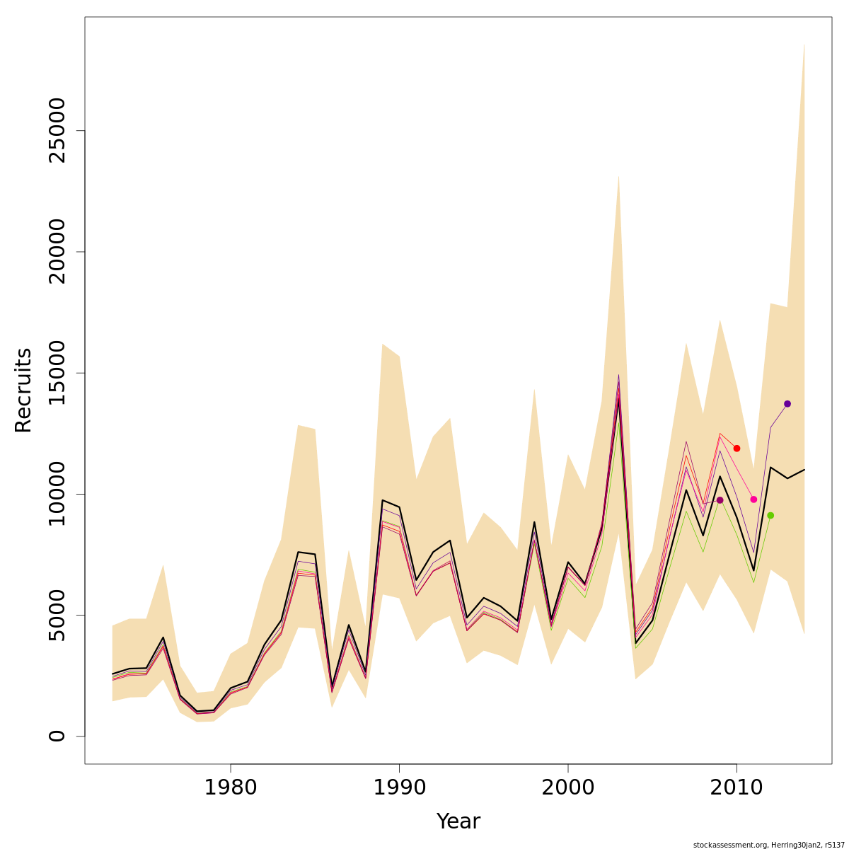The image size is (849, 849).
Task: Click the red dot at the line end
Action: (737, 449)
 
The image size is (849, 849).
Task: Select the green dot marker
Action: (770, 515)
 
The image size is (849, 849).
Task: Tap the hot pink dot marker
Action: (753, 499)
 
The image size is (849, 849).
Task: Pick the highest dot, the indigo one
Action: (787, 404)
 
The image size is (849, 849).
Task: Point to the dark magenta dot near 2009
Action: (720, 500)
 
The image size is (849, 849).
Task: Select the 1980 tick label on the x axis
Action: (230, 787)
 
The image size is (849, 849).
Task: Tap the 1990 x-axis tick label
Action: (399, 787)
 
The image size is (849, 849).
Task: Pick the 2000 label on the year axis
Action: (568, 787)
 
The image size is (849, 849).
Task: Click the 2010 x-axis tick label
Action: (737, 787)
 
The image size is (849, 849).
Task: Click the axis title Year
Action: (458, 821)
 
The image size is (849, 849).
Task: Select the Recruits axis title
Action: (23, 390)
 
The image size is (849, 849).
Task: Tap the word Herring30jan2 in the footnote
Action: (795, 845)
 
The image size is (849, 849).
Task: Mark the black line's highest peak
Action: (619, 400)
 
